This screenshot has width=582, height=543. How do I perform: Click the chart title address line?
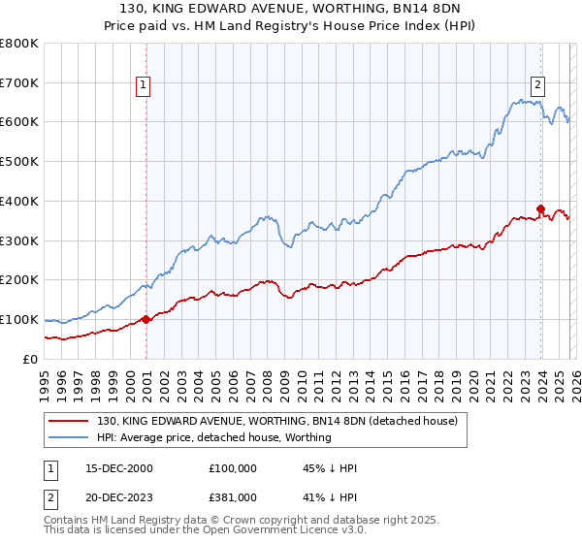click(x=290, y=9)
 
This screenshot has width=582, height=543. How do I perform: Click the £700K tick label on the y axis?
click(x=19, y=82)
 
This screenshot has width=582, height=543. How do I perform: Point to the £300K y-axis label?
click(x=19, y=240)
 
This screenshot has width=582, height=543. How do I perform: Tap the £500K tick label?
click(x=19, y=161)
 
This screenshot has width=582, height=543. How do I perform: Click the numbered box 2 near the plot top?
click(x=537, y=84)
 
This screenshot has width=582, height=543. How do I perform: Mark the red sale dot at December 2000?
click(x=145, y=319)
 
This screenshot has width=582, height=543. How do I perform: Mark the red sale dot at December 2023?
click(x=540, y=208)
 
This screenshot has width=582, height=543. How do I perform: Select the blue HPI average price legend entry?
click(x=213, y=437)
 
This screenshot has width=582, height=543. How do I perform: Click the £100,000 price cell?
click(x=233, y=468)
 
